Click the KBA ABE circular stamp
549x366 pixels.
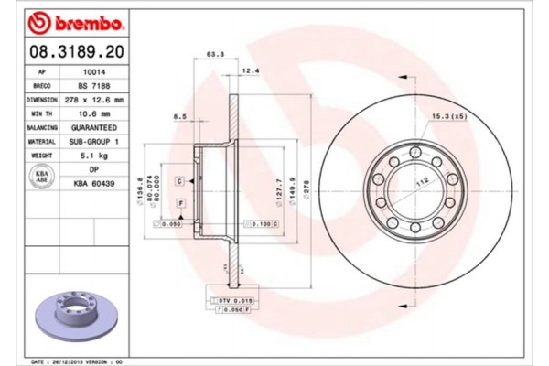pos(41,177)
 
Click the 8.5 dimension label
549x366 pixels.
pos(179,117)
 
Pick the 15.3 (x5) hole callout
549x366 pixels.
pos(449,116)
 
